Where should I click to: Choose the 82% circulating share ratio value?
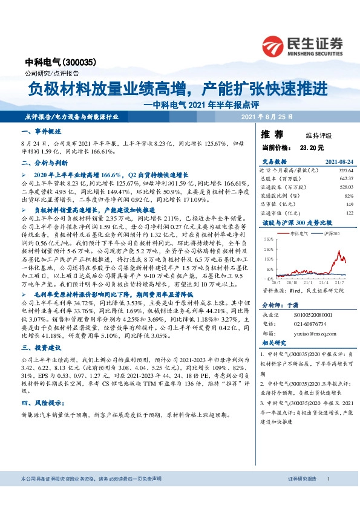(x=348, y=196)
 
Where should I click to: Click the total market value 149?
(x=349, y=204)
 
